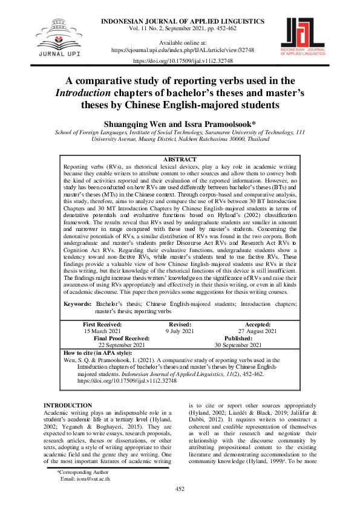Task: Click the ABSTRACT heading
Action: [x=180, y=159]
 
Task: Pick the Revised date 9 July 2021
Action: [x=180, y=331]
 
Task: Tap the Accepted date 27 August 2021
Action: [x=258, y=331]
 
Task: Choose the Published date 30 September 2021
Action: [x=234, y=345]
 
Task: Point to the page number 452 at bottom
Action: [x=180, y=488]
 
